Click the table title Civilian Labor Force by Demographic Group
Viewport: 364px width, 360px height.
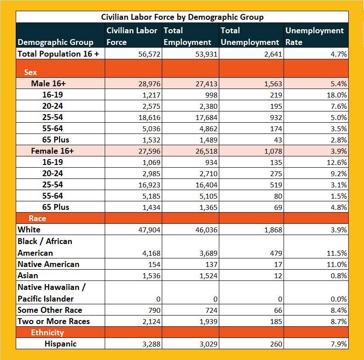(x=182, y=17)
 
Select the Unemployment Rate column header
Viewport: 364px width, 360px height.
(x=314, y=36)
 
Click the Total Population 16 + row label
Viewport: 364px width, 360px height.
(x=58, y=53)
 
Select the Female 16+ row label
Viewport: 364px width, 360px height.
(x=52, y=151)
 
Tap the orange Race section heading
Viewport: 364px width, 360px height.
(x=37, y=218)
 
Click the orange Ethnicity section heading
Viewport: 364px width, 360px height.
(x=47, y=333)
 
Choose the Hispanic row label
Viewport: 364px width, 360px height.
(x=60, y=344)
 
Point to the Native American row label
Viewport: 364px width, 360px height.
(x=48, y=264)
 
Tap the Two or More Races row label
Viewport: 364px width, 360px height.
(x=53, y=321)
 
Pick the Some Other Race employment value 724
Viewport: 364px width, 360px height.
(x=209, y=310)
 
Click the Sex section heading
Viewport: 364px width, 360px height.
(x=31, y=72)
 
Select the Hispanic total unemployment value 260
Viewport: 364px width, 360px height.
(x=275, y=344)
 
